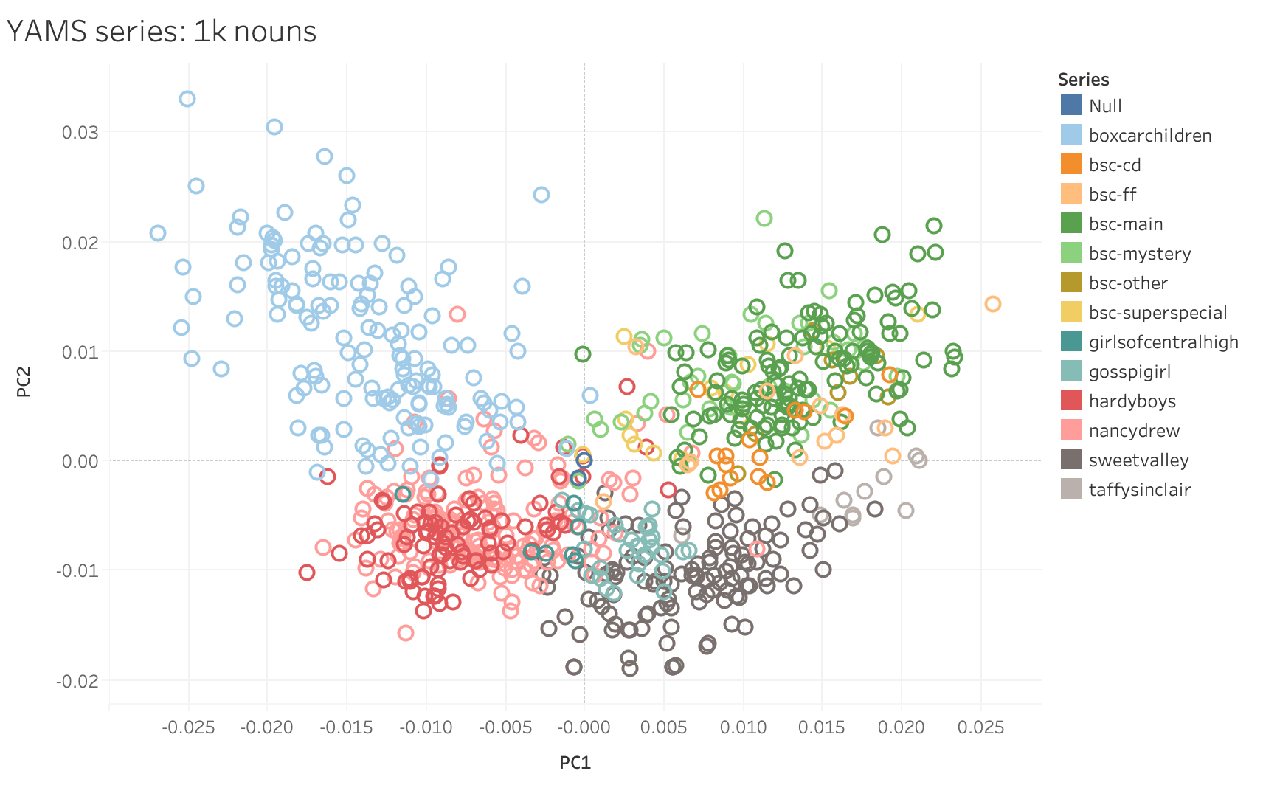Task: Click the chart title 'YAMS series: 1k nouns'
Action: point(162,32)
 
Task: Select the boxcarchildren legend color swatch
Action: point(1070,135)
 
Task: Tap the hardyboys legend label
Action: point(1132,401)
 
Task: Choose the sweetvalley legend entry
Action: point(1138,460)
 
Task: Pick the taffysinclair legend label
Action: point(1139,490)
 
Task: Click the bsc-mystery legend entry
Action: point(1139,254)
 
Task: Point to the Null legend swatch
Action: point(1070,106)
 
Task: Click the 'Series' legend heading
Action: point(1083,80)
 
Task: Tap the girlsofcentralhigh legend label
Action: point(1163,342)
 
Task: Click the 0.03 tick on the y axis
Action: point(80,133)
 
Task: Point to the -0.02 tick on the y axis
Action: point(77,681)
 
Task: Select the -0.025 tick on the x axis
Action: point(188,727)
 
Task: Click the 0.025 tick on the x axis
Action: point(980,727)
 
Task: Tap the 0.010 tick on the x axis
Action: point(743,727)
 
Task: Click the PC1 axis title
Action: point(575,763)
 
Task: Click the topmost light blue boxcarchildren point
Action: point(187,99)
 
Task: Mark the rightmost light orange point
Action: point(992,304)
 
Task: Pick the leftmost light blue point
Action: point(158,233)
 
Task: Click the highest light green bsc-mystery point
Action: point(764,218)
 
